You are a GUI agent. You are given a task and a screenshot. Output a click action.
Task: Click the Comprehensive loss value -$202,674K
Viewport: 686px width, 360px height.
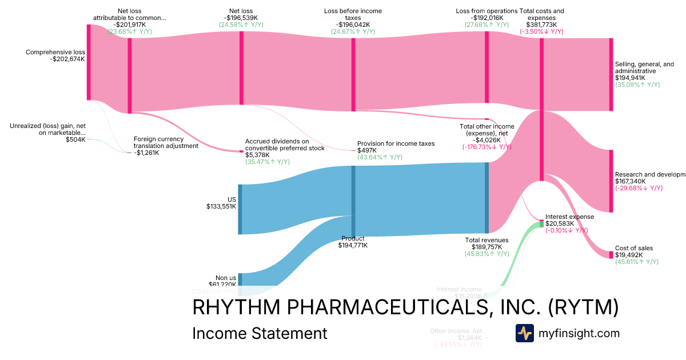67,59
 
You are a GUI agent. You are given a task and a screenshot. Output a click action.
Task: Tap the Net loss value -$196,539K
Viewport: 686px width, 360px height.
242,17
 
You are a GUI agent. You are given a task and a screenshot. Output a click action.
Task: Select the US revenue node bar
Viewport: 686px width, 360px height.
240,209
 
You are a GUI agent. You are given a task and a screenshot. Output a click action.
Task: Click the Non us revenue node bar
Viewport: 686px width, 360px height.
240,279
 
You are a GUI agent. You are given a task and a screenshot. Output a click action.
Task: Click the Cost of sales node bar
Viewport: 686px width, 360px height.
611,255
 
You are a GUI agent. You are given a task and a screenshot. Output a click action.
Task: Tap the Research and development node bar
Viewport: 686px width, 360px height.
611,181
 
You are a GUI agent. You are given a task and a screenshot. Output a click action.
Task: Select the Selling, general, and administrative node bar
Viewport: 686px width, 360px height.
611,74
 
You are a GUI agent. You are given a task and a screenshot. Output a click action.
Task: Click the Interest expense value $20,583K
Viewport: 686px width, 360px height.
561,223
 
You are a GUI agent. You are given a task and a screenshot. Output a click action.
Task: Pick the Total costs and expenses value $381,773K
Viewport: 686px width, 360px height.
541,25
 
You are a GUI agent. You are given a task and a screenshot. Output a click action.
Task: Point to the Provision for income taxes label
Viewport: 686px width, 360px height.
396,143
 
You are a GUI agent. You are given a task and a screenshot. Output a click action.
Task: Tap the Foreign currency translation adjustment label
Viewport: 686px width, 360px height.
166,142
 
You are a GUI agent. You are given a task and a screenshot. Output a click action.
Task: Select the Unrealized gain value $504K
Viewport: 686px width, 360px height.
75,139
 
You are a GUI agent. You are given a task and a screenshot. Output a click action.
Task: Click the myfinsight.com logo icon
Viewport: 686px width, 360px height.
524,333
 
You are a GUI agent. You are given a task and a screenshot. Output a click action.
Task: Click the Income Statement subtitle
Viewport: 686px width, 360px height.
260,333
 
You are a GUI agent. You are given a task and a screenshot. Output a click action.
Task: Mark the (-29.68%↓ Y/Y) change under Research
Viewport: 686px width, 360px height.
639,188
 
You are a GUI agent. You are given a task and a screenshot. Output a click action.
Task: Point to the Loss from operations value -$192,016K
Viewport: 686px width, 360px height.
486,17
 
